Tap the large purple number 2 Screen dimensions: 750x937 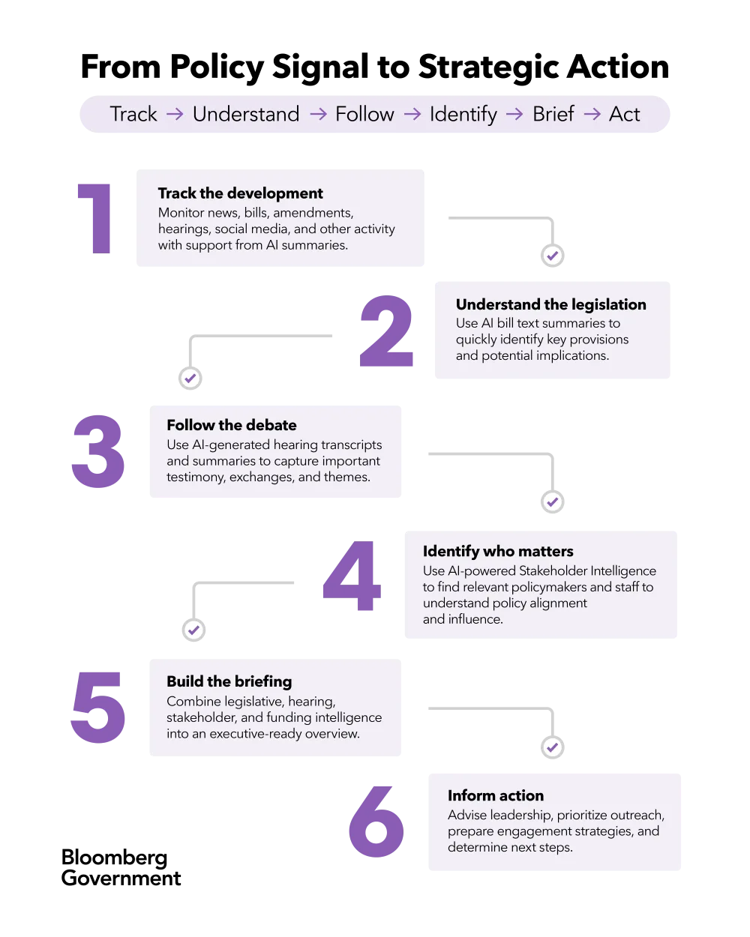386,331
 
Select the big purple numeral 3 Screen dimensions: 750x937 98,451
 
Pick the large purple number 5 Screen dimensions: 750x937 97,707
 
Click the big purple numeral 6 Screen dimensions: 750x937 376,822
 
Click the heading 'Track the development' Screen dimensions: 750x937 241,193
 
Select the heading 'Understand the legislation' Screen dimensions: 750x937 550,304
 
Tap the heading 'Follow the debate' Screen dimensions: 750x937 232,425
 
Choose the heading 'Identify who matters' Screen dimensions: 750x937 498,552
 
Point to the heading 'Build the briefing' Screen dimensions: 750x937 229,681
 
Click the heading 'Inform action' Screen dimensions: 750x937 496,795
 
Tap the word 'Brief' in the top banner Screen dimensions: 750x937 553,114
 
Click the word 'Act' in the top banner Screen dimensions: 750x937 625,114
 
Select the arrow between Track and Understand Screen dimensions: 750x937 175,114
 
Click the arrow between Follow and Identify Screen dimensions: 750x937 412,114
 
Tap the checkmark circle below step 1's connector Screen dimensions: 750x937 553,256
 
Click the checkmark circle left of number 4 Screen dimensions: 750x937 194,630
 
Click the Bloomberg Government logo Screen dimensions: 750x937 121,868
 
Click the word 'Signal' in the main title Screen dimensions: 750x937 321,67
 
